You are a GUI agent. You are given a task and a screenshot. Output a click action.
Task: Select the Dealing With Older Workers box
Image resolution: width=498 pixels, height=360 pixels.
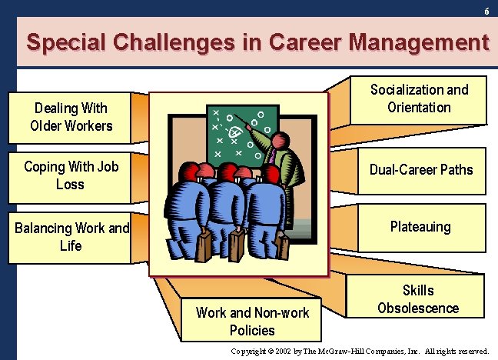(71, 117)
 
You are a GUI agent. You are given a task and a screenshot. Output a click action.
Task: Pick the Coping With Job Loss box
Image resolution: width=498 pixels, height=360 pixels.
(70, 175)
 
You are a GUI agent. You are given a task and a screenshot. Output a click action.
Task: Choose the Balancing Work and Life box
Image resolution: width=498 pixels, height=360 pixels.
(71, 237)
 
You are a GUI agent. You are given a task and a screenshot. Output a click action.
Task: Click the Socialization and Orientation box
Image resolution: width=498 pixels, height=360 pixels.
(419, 98)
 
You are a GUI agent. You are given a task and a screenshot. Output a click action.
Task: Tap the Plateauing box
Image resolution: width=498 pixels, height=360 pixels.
(420, 227)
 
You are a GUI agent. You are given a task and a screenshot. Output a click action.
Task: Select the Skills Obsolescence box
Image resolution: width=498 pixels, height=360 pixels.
(418, 299)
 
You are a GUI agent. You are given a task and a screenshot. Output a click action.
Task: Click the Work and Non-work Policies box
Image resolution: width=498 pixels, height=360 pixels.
(252, 322)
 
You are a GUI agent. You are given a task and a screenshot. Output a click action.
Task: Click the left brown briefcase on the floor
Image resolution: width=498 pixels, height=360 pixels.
(205, 245)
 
